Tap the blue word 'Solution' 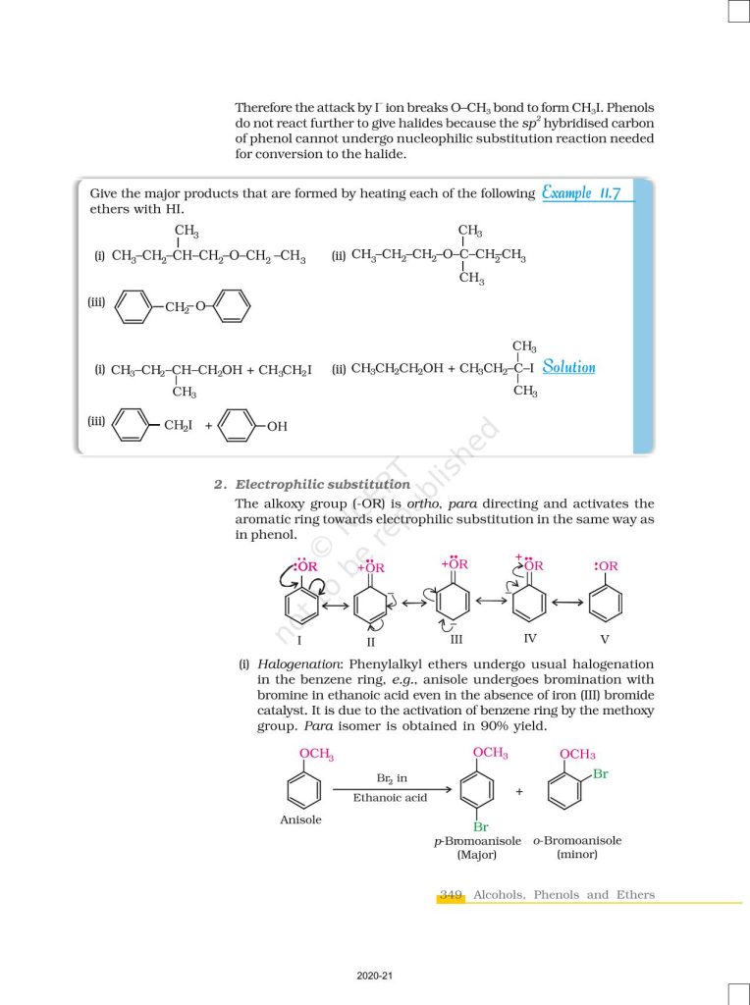click(568, 367)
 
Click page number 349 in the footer click(451, 895)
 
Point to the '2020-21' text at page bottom click(374, 977)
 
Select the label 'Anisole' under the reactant click(300, 820)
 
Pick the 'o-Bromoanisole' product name click(577, 841)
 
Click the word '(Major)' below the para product click(477, 855)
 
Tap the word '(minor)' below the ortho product click(577, 855)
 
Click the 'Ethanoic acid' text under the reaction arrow click(390, 798)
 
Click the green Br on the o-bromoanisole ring click(600, 774)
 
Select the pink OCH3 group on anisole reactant click(316, 755)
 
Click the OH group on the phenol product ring click(276, 426)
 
